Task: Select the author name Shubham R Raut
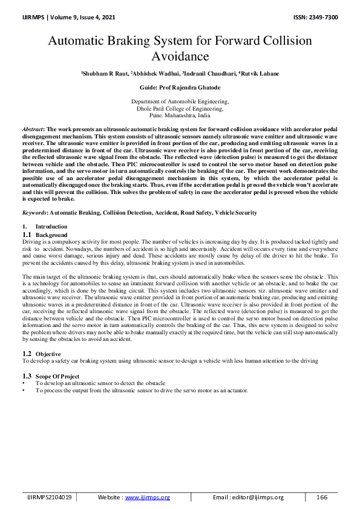point(106,74)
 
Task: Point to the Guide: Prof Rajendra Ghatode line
point(180,88)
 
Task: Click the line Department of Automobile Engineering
point(180,102)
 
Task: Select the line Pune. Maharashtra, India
point(180,114)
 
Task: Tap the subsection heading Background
point(51,234)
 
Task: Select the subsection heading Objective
point(48,353)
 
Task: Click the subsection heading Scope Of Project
point(61,377)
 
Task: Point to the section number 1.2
point(27,353)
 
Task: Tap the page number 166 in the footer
point(322,497)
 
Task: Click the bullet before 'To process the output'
point(24,391)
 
